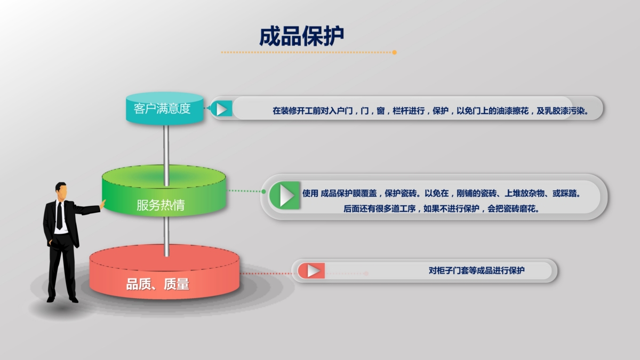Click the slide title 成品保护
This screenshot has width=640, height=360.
301,36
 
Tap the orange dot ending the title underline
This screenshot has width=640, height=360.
394,52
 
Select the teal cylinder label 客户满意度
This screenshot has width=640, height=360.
162,109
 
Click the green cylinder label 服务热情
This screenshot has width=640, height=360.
161,205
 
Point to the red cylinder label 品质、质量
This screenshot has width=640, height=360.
158,284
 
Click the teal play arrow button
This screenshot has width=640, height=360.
221,109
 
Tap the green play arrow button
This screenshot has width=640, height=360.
285,195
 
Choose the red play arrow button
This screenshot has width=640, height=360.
311,270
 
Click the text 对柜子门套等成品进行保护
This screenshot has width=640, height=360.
477,270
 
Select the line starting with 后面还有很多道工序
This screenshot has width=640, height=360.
441,209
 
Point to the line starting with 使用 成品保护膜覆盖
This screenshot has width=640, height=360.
441,194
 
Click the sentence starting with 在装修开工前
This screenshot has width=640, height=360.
430,110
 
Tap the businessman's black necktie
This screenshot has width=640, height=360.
59,215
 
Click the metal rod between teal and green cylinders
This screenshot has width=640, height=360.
166,156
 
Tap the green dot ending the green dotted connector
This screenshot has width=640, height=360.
263,191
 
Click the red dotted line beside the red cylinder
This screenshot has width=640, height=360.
266,274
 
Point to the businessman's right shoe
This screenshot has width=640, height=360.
74,299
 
